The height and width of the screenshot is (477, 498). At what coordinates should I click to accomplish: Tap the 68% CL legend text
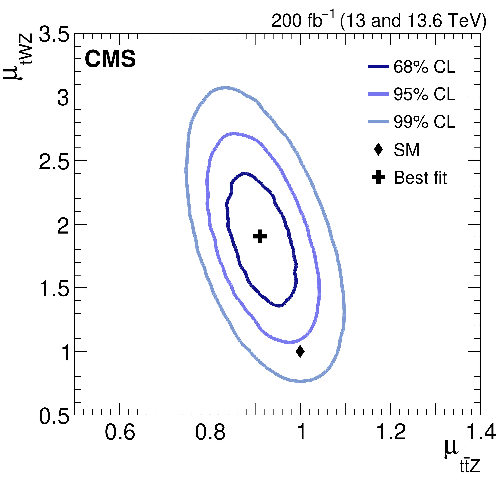(x=424, y=67)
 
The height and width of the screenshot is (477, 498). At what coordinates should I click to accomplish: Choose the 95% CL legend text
(x=424, y=94)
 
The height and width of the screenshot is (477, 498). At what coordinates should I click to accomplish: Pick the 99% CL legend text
(x=424, y=122)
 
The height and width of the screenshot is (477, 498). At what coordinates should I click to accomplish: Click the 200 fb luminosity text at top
(x=379, y=20)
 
